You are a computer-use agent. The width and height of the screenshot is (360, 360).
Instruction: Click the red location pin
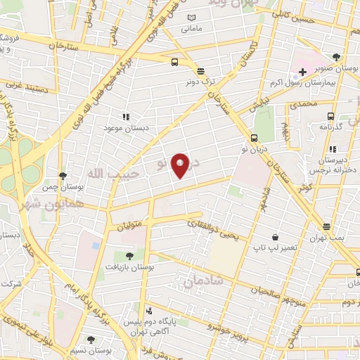tap(180, 165)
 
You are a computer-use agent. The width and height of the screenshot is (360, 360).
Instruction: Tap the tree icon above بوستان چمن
tap(63, 176)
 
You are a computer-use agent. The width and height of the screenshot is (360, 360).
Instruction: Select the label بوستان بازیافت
tap(130, 267)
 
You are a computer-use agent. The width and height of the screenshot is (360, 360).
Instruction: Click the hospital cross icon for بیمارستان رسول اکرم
tap(303, 72)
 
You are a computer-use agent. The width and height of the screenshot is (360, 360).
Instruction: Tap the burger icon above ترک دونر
tap(201, 71)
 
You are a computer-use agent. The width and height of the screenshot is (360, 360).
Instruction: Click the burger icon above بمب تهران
tap(327, 226)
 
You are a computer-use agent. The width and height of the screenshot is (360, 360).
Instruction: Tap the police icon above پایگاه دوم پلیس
tap(148, 311)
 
